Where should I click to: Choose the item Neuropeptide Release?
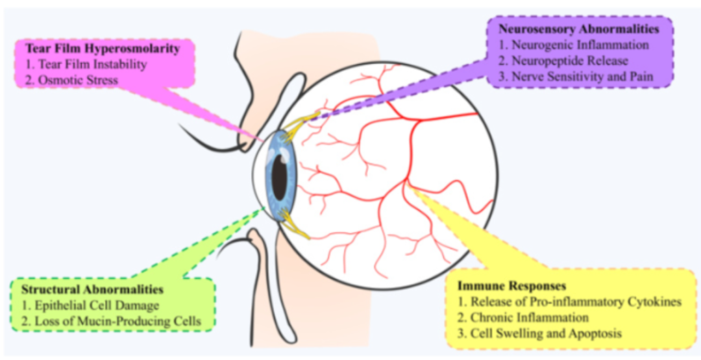pyautogui.click(x=570, y=61)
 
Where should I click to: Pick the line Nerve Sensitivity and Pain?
pyautogui.click(x=582, y=77)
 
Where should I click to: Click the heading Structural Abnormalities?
pyautogui.click(x=92, y=289)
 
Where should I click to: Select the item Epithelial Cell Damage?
pyautogui.click(x=90, y=304)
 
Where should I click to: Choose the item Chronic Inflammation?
pyautogui.click(x=523, y=318)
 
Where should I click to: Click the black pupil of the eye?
pyautogui.click(x=280, y=178)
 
